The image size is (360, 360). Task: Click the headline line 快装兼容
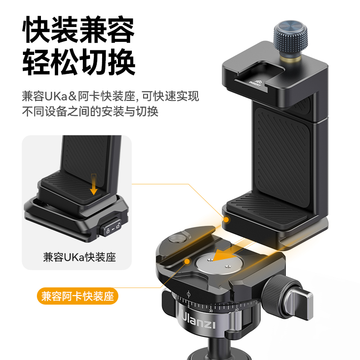click(79, 30)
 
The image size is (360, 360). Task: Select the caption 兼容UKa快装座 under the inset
click(79, 257)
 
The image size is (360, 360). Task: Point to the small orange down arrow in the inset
click(93, 184)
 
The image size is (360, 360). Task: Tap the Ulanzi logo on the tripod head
click(200, 323)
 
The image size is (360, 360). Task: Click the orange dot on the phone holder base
click(227, 220)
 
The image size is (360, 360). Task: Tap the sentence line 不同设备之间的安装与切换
click(90, 112)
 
